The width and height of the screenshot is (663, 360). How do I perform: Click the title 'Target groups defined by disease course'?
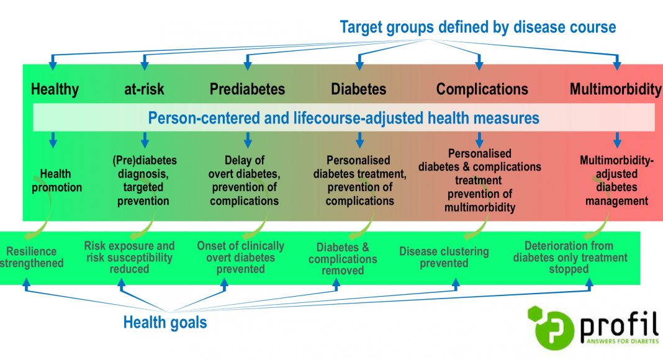pos(478,27)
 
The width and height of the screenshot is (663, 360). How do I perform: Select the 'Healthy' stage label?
pos(55,89)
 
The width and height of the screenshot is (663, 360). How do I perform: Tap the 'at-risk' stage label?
pos(144,89)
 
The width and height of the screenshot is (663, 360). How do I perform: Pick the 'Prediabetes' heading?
pos(247,89)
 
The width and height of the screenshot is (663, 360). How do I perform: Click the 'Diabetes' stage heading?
pos(359,89)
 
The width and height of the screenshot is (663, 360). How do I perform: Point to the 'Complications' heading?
pos(482,89)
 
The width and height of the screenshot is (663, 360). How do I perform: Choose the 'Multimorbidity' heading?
pos(616,89)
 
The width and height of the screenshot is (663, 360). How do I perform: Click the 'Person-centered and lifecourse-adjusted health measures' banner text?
pos(343,118)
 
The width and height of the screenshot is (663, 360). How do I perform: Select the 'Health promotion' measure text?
pos(56,181)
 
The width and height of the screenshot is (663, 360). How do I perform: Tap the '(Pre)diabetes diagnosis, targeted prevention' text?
pos(144,181)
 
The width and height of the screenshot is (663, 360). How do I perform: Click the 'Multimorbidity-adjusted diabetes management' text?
pos(616,181)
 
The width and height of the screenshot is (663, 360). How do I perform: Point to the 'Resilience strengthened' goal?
pos(32,257)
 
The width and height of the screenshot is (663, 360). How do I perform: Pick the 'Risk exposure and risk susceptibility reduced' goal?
pos(129,257)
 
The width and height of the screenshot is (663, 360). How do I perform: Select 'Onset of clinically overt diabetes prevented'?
pos(241,257)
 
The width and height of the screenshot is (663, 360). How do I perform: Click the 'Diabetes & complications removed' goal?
pos(343,258)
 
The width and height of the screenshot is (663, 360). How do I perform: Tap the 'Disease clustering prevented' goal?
pos(444,257)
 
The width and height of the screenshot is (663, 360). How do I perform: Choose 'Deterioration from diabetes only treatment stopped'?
pos(570,257)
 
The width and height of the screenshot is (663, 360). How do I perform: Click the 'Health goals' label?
pos(165,322)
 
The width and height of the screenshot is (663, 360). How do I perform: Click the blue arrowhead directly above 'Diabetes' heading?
pos(359,65)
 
